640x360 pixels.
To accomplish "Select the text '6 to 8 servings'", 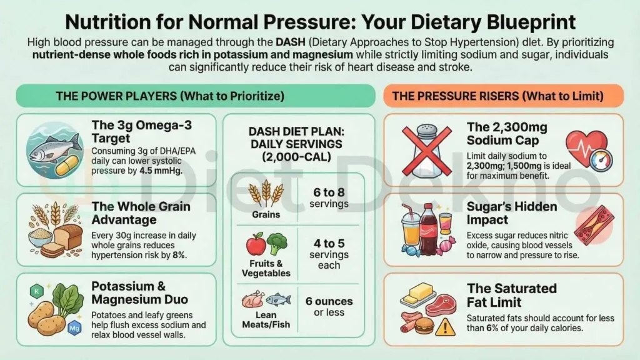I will (328, 198).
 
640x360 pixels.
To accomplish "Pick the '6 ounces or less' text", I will (329, 306).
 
